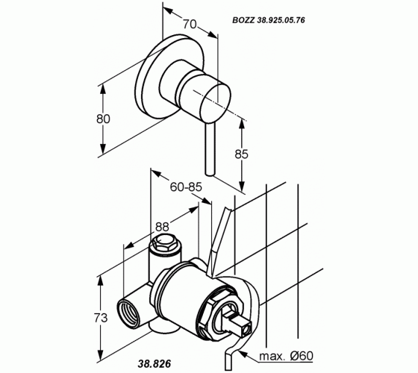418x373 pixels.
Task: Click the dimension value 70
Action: pos(190,24)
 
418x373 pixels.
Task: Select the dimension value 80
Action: pos(103,119)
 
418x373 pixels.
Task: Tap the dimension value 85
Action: pos(241,154)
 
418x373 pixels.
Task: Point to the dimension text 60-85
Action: pos(186,187)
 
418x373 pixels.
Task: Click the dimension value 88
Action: pos(162,227)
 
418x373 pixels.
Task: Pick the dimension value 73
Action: pos(101,318)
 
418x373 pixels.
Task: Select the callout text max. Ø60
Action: pos(287,356)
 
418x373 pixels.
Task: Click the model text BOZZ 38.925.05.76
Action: pos(269,20)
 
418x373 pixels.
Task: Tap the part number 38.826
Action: pos(155,363)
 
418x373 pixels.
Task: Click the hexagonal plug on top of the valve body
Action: pos(163,242)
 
